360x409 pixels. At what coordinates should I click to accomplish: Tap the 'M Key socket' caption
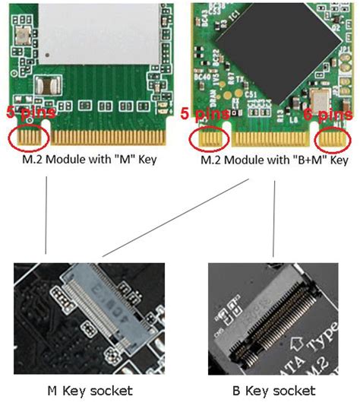(89, 390)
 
